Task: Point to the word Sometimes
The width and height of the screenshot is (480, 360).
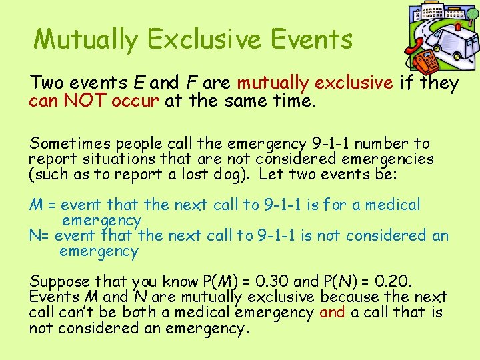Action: pos(71,144)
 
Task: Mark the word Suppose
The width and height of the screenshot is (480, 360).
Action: pos(60,282)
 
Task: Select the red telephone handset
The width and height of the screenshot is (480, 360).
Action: pos(414,48)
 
